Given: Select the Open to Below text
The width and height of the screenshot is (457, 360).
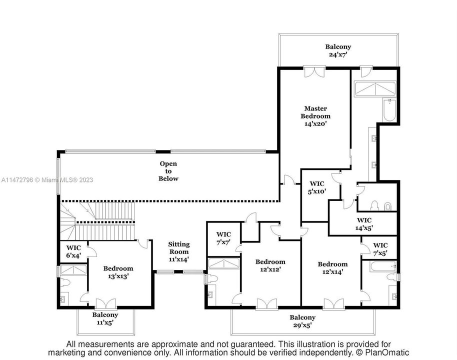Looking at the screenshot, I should pyautogui.click(x=168, y=171).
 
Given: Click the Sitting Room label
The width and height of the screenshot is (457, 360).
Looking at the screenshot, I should pyautogui.click(x=178, y=251).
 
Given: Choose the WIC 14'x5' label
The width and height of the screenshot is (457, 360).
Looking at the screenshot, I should pyautogui.click(x=364, y=223).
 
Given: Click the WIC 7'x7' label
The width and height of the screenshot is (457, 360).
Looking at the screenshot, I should pyautogui.click(x=223, y=238).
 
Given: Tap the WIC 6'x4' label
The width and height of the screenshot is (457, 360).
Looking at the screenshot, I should pyautogui.click(x=73, y=251).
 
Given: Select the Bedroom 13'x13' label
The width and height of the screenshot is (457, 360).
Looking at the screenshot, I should pyautogui.click(x=118, y=272).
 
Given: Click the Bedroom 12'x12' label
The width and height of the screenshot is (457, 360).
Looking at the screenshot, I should pyautogui.click(x=270, y=265).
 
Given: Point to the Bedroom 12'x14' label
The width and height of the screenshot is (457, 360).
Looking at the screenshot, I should pyautogui.click(x=332, y=268).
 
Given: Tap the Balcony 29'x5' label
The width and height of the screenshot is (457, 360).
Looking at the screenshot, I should pyautogui.click(x=302, y=321).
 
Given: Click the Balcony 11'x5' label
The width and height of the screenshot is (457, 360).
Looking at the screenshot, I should pyautogui.click(x=105, y=318).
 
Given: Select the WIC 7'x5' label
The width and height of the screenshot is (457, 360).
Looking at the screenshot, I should pyautogui.click(x=380, y=249).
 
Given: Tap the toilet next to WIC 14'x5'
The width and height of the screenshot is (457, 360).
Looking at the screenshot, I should pyautogui.click(x=387, y=205).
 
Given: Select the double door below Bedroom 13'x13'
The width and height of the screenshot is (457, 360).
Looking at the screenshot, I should pyautogui.click(x=105, y=303).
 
